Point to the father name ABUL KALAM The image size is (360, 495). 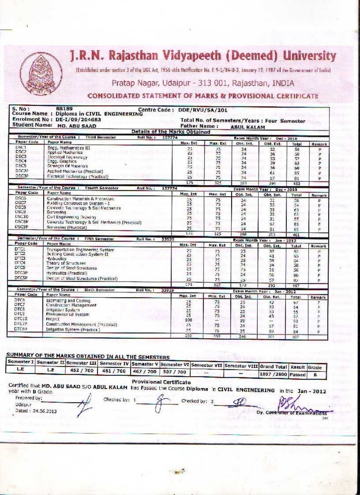click(x=247, y=127)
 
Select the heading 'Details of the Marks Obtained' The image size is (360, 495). click(x=171, y=132)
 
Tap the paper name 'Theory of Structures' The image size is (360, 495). click(x=66, y=263)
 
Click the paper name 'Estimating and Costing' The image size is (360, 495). click(x=68, y=301)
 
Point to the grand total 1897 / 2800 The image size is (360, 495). click(x=273, y=374)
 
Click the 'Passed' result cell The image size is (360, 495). click(x=297, y=374)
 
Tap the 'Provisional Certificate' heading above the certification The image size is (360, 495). click(x=161, y=382)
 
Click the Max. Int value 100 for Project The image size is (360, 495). click(x=188, y=320)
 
